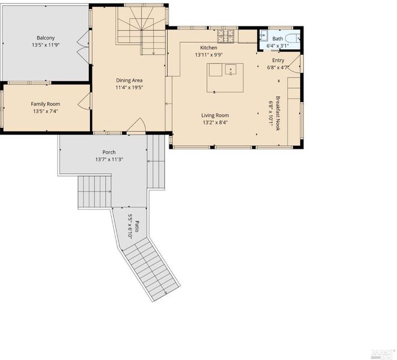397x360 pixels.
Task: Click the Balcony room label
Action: point(46,38)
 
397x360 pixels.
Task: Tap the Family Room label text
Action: point(46,104)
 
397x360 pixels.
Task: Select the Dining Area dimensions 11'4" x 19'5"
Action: point(129,88)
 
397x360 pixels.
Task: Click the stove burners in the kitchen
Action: point(225,35)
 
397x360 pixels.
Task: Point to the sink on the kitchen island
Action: point(231,70)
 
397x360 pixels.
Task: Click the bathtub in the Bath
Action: point(292,38)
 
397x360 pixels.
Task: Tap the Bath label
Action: point(277,39)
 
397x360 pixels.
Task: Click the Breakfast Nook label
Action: point(278,113)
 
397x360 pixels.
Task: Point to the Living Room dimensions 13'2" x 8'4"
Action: point(215,122)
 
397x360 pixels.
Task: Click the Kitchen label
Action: point(208,47)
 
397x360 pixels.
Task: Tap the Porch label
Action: point(109,152)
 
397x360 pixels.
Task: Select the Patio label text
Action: point(137,226)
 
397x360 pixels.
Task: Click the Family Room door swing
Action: point(84,101)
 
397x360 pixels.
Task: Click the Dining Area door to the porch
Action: point(136,125)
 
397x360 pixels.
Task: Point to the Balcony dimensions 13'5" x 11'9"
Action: point(46,45)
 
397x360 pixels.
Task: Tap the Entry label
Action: point(278,60)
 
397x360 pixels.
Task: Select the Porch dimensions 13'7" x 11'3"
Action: point(109,160)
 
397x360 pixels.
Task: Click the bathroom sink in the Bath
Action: point(263,35)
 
